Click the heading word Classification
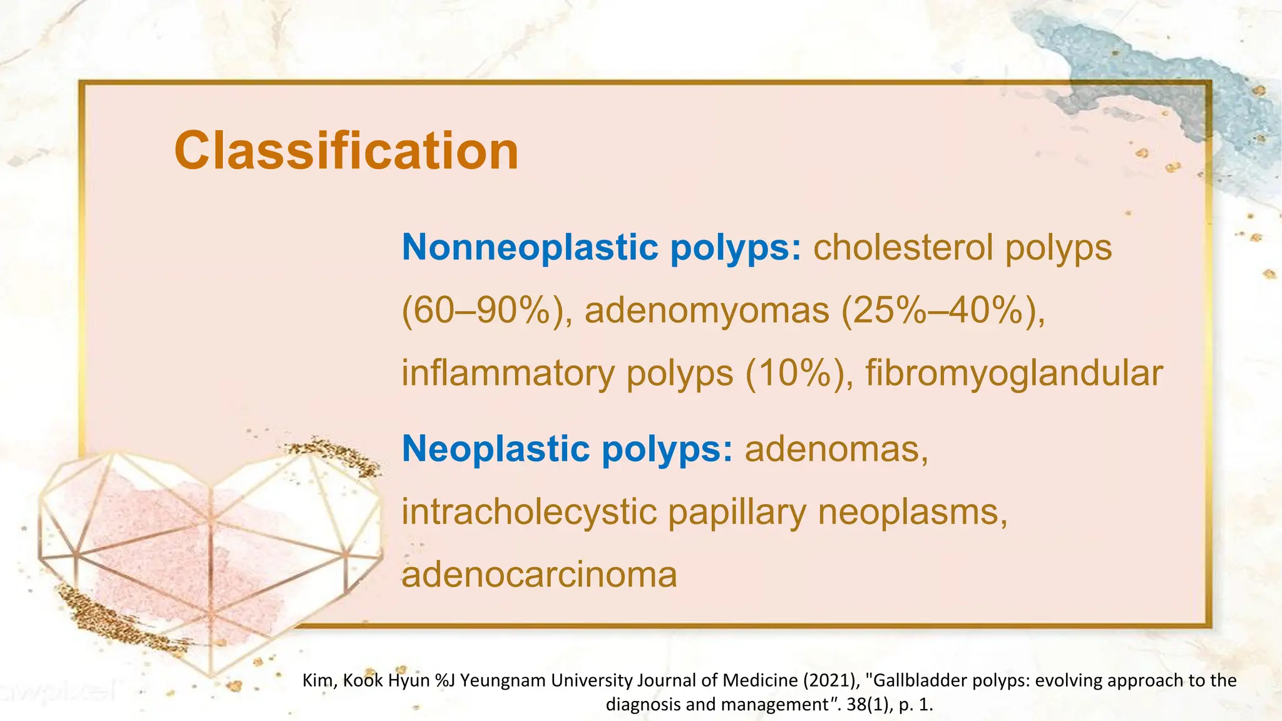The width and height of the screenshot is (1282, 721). (346, 151)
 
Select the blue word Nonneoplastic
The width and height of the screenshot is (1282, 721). (530, 247)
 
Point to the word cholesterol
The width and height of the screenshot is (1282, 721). (903, 247)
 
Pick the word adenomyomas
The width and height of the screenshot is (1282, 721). (707, 310)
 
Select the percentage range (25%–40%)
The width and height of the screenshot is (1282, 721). (943, 310)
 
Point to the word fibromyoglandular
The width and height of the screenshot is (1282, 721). (1014, 374)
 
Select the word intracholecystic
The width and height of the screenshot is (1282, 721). (528, 512)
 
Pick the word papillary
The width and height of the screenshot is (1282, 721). (737, 512)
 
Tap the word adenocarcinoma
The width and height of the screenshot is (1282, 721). (539, 575)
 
